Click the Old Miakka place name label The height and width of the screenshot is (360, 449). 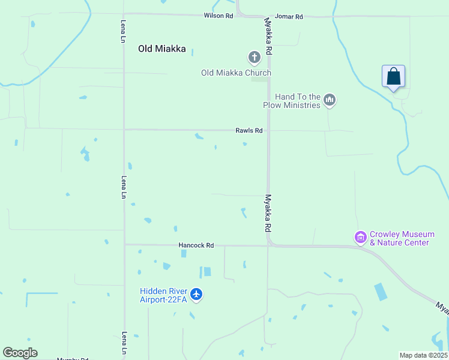[x=162, y=49]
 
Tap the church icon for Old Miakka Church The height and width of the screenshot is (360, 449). [x=255, y=58]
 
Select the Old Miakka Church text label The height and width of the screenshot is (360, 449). [x=236, y=73]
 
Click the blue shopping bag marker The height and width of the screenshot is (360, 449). [x=393, y=77]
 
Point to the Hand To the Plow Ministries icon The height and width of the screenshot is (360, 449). [x=329, y=100]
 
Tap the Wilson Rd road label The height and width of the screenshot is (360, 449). [x=218, y=16]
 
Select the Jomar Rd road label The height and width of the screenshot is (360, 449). [x=289, y=17]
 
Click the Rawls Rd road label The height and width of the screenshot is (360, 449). [x=249, y=130]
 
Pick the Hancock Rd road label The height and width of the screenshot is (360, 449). [x=196, y=245]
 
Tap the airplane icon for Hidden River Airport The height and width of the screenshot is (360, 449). [x=196, y=295]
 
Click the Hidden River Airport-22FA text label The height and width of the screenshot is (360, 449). [x=164, y=295]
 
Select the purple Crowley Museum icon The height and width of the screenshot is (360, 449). [x=360, y=238]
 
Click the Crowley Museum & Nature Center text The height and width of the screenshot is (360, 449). [x=399, y=239]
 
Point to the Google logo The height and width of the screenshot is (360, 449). [x=20, y=353]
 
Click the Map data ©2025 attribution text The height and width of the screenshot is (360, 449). [x=424, y=355]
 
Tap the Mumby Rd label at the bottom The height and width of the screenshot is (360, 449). [x=73, y=359]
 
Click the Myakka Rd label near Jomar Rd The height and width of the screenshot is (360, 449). [x=269, y=37]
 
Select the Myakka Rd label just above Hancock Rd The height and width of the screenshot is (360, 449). [x=268, y=214]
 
